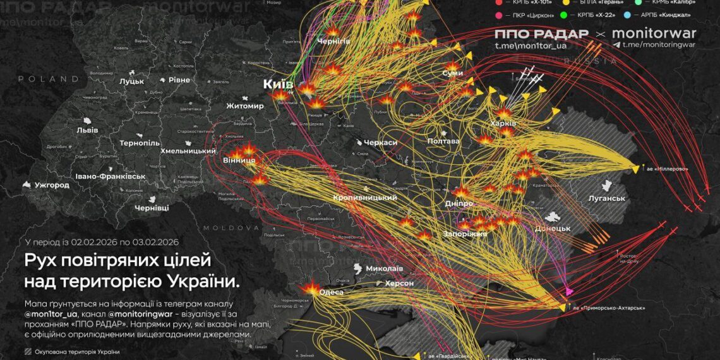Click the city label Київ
(279, 85)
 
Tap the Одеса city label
(332, 292)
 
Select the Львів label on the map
(87, 130)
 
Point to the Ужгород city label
(52, 186)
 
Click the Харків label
(503, 123)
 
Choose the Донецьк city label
(553, 229)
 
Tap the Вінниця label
(239, 161)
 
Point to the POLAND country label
(48, 79)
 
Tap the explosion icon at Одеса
(310, 289)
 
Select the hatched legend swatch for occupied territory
(28, 352)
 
